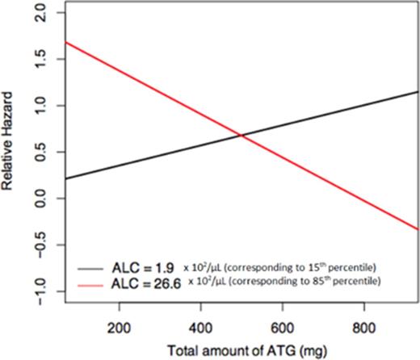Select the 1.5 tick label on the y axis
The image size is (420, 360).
pyautogui.click(x=40, y=60)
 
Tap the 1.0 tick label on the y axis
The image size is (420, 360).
pyautogui.click(x=40, y=106)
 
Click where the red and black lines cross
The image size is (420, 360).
pyautogui.click(x=242, y=136)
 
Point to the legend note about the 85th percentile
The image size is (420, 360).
pyautogui.click(x=283, y=280)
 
